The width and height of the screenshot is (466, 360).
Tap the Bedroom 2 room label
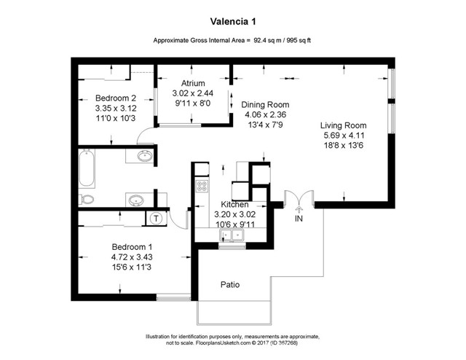pyautogui.click(x=116, y=98)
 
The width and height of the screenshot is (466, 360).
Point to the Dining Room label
pyautogui.click(x=265, y=104)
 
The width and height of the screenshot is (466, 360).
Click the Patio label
pyautogui.click(x=230, y=284)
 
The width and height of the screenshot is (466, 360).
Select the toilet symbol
pyautogui.click(x=87, y=199)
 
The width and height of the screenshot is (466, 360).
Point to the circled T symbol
pyautogui.click(x=157, y=216)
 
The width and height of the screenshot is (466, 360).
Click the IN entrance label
pyautogui.click(x=299, y=218)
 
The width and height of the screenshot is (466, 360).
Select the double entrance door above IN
pyautogui.click(x=299, y=199)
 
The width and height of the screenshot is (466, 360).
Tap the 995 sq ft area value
pyautogui.click(x=299, y=42)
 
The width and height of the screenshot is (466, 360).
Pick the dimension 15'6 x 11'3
pyautogui.click(x=131, y=267)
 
